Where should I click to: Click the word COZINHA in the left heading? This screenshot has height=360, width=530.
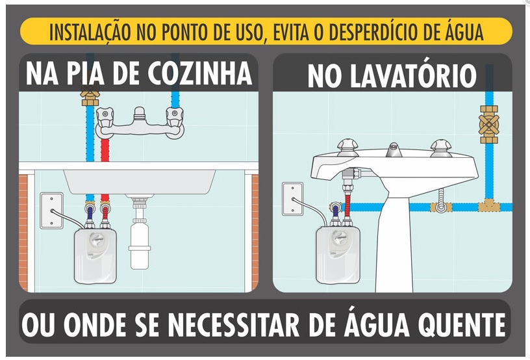[199, 73]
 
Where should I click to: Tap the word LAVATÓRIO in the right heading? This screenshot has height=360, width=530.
[412, 76]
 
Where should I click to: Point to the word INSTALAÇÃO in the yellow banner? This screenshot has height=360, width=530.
[90, 32]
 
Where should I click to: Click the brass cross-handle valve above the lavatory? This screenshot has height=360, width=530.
[489, 124]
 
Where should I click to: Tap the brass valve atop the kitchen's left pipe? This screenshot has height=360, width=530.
[90, 95]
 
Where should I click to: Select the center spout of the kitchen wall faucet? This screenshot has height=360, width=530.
[139, 114]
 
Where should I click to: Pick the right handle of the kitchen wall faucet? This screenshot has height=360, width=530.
[175, 117]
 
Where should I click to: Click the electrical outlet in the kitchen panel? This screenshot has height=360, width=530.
[52, 211]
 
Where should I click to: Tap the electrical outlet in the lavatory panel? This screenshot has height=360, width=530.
[293, 199]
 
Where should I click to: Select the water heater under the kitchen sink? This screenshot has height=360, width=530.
[95, 256]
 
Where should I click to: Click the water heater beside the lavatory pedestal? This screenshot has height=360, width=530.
[338, 255]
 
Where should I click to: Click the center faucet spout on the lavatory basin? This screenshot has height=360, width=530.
[394, 149]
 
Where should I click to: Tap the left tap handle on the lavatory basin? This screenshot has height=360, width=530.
[348, 148]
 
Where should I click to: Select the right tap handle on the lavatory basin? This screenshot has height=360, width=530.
[441, 148]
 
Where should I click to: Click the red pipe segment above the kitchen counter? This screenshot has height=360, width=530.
[105, 150]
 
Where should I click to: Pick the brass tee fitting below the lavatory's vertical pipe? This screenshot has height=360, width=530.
[489, 205]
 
